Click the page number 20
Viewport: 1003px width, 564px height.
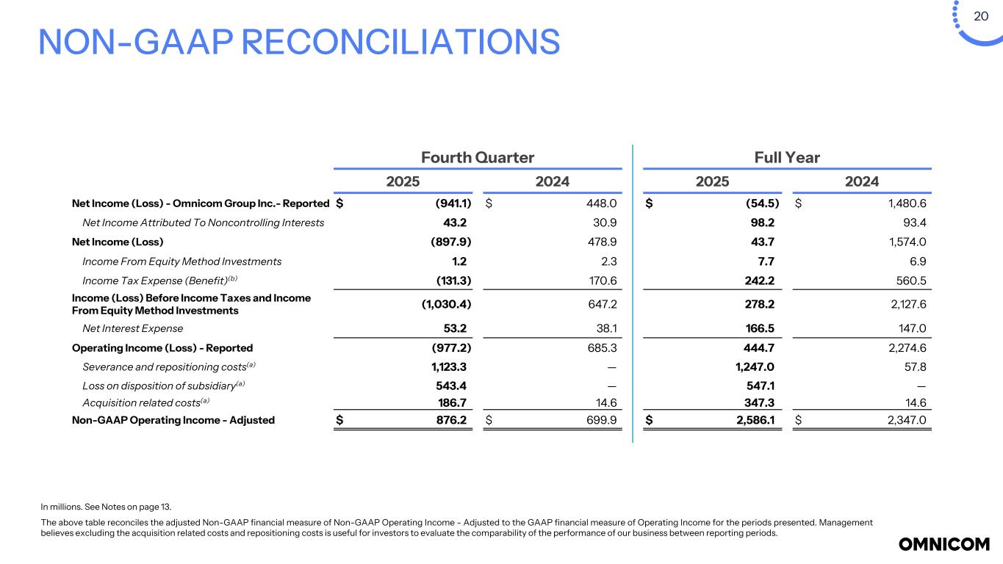pos(981,16)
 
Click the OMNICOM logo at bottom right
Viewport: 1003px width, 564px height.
pos(944,544)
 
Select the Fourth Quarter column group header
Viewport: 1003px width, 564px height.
pos(477,157)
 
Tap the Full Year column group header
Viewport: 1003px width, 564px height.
pos(786,157)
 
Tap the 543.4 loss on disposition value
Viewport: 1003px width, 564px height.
pos(450,385)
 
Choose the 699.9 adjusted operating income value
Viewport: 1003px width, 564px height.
pos(601,420)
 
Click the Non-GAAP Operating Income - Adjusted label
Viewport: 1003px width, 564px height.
pos(173,420)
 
